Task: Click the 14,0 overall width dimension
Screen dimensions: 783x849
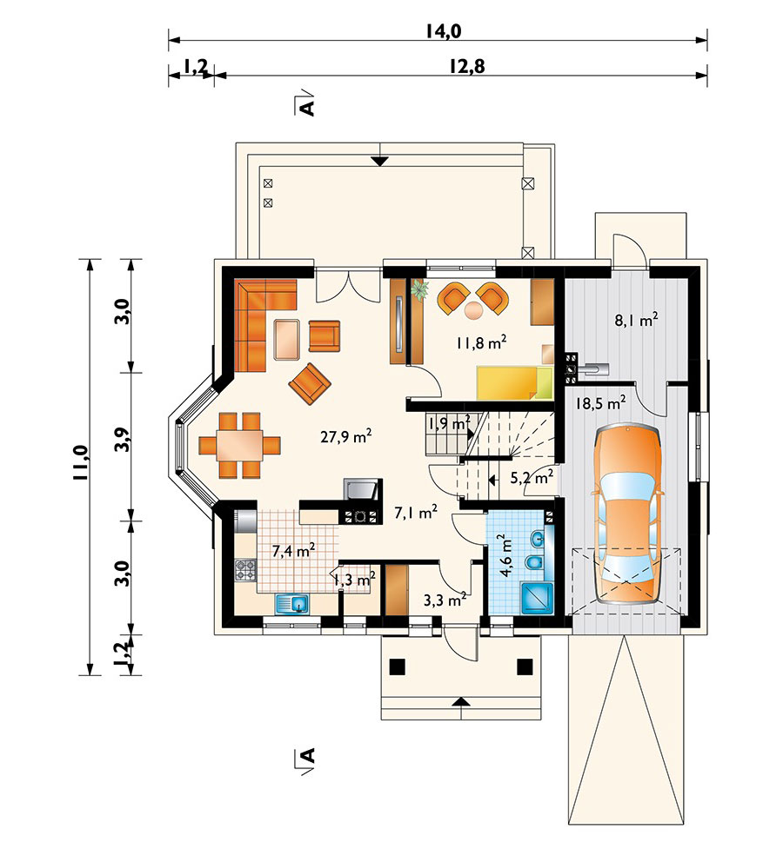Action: point(443,31)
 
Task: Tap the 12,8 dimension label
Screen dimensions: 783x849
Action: point(467,66)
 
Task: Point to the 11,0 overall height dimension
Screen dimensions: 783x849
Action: point(80,462)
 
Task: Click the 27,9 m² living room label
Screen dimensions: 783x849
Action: point(345,436)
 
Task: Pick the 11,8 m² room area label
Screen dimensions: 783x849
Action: point(481,342)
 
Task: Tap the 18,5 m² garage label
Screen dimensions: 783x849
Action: point(601,403)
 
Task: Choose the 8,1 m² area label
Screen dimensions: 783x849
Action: point(636,320)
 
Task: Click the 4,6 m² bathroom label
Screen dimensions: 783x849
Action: point(506,555)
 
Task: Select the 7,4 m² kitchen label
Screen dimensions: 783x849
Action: point(293,551)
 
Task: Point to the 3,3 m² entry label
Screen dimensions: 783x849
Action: point(445,600)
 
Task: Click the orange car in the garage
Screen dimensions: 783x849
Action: point(627,514)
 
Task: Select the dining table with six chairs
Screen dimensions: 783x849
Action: point(239,445)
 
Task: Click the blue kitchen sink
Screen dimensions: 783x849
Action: point(291,604)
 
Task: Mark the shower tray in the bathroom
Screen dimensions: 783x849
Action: point(537,598)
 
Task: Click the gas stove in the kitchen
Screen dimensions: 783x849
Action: point(245,570)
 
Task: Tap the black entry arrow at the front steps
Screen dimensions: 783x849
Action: point(461,702)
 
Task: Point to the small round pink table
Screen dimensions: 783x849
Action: point(474,309)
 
